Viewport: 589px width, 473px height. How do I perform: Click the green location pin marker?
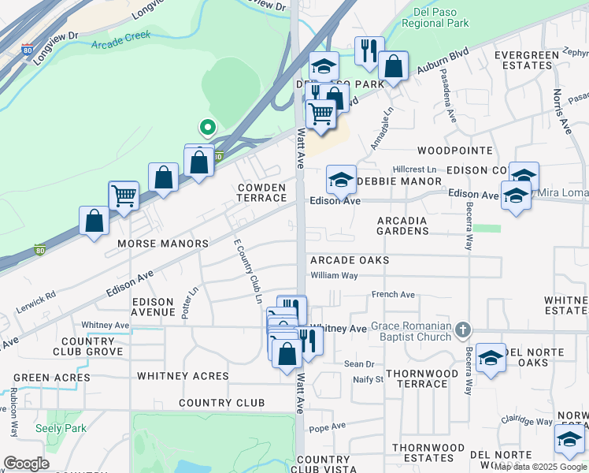tap(207, 127)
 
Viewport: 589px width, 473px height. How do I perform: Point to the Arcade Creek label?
tap(120, 45)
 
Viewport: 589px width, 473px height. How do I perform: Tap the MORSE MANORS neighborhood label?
tap(163, 244)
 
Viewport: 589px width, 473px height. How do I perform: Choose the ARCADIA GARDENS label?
tap(402, 225)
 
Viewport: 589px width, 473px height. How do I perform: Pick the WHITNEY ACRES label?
tap(183, 376)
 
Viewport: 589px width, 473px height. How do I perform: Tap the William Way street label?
tap(334, 275)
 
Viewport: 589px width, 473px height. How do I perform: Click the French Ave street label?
tap(394, 295)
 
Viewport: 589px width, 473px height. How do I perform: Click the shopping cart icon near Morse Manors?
tap(124, 195)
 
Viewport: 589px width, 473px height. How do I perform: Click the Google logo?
tap(27, 464)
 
